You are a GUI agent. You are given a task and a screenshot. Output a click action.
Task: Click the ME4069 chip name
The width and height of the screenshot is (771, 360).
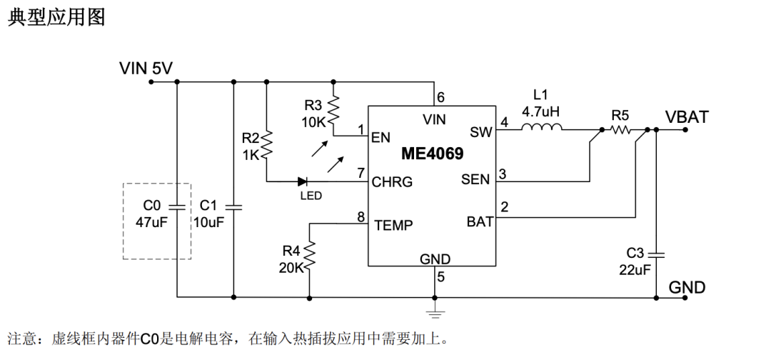pyautogui.click(x=432, y=154)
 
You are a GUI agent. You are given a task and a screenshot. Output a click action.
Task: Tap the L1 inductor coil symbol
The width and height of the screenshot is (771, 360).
pyautogui.click(x=542, y=129)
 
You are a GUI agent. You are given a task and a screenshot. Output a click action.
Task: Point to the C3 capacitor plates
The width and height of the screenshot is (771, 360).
pyautogui.click(x=657, y=254)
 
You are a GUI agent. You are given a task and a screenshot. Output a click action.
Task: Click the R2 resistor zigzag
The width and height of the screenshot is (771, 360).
pyautogui.click(x=266, y=144)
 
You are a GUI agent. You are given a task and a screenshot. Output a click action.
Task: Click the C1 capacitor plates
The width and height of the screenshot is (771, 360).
pyautogui.click(x=233, y=207)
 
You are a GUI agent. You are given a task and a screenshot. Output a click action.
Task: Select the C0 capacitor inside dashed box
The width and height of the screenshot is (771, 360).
pyautogui.click(x=176, y=207)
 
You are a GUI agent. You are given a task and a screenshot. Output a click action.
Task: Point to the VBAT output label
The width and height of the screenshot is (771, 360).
pyautogui.click(x=687, y=117)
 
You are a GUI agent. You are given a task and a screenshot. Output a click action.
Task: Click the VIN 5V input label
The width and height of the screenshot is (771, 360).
pyautogui.click(x=146, y=69)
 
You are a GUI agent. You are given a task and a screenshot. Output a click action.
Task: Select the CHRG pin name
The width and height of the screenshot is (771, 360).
pyautogui.click(x=392, y=182)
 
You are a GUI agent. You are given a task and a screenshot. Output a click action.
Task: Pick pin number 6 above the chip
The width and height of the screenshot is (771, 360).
pyautogui.click(x=440, y=98)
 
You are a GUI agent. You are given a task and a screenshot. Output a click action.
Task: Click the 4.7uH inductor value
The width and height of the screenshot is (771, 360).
pyautogui.click(x=542, y=111)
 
